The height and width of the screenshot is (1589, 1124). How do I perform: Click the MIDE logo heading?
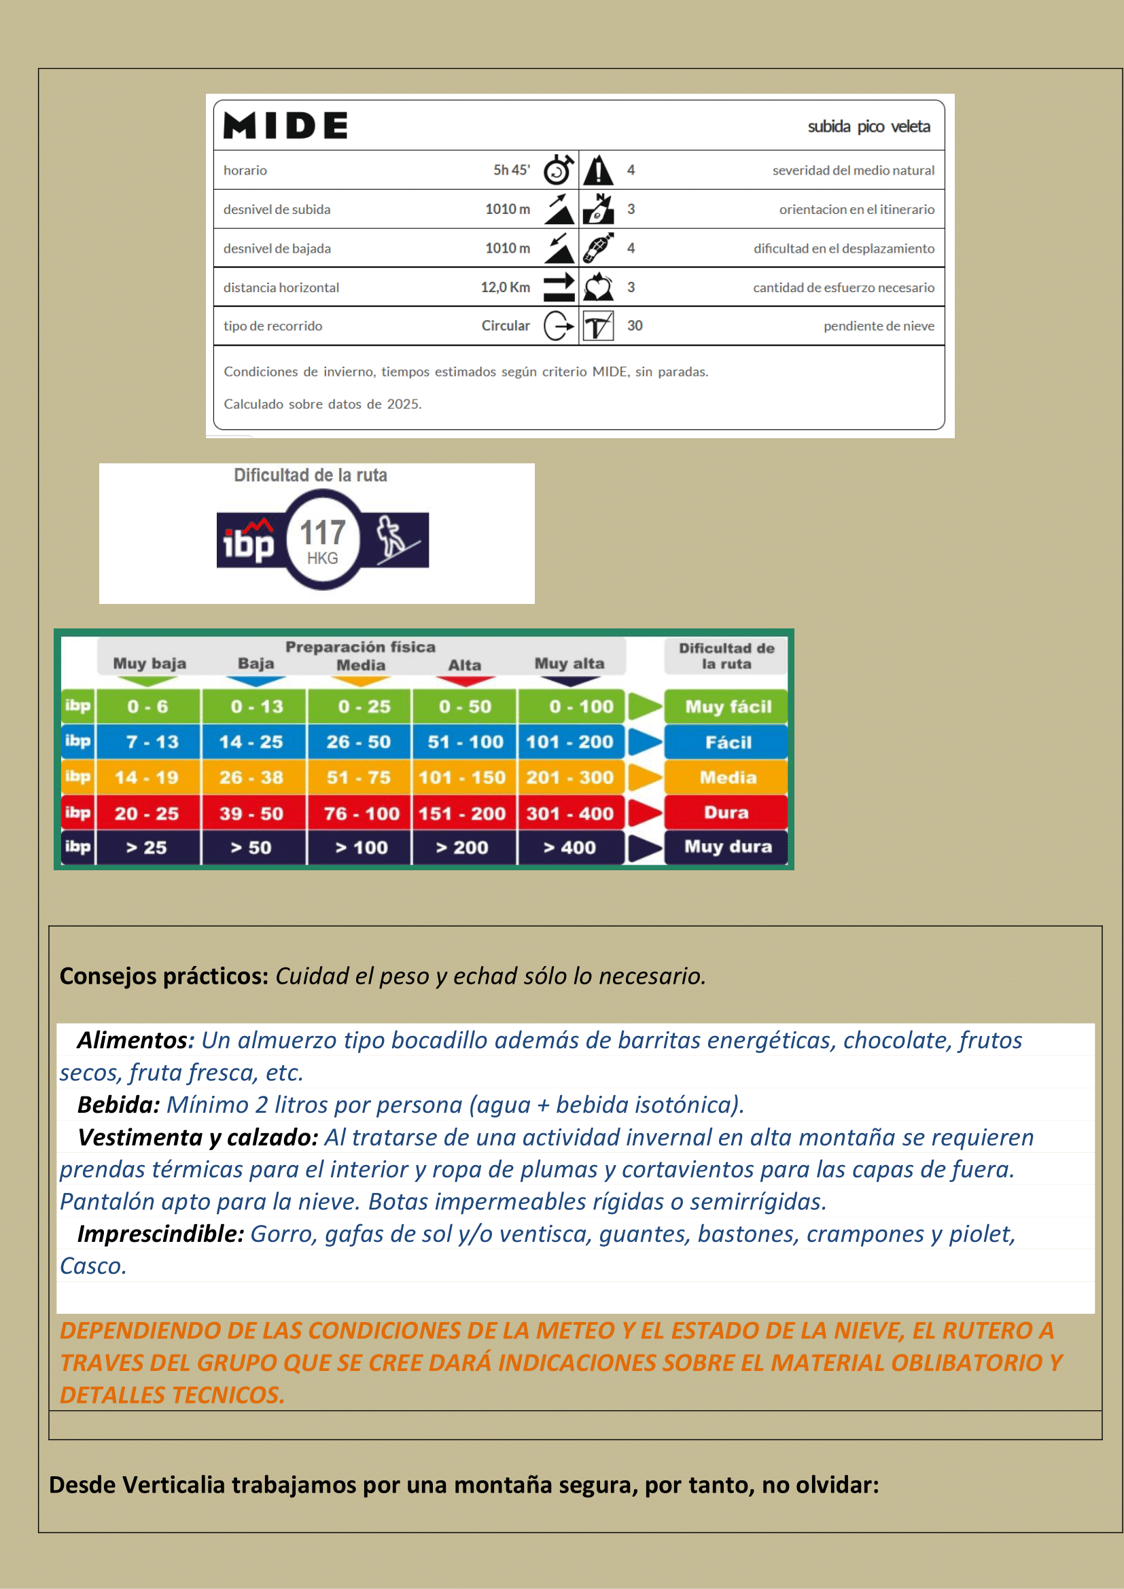click(285, 126)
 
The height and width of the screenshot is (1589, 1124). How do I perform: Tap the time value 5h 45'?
click(512, 171)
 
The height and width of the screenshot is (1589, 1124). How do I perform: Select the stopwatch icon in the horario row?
click(559, 171)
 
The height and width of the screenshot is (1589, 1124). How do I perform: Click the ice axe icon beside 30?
click(598, 326)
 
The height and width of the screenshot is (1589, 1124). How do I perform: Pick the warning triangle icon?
click(598, 171)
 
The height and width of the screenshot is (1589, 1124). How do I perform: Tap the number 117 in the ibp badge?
click(323, 533)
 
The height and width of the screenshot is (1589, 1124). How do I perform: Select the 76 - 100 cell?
click(361, 813)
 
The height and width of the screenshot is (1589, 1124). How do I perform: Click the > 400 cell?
click(569, 848)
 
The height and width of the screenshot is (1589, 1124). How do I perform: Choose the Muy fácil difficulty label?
click(727, 707)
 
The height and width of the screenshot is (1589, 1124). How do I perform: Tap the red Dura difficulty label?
click(726, 813)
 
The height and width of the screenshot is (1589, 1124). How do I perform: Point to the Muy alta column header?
click(569, 664)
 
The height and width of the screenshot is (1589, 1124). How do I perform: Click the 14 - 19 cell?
click(147, 777)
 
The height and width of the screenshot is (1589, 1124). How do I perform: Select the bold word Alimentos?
click(133, 1040)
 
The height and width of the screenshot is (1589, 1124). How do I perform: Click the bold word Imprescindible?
click(160, 1234)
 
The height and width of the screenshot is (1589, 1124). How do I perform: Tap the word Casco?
click(92, 1266)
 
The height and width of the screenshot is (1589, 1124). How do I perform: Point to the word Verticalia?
click(173, 1485)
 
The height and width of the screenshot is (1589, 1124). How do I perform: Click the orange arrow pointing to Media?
click(644, 777)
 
